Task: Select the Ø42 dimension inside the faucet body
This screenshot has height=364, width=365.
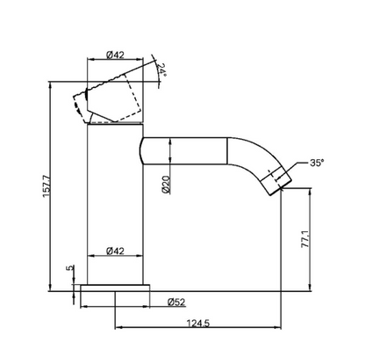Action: [x=115, y=251]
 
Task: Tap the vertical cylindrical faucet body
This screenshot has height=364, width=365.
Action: [x=115, y=202]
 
